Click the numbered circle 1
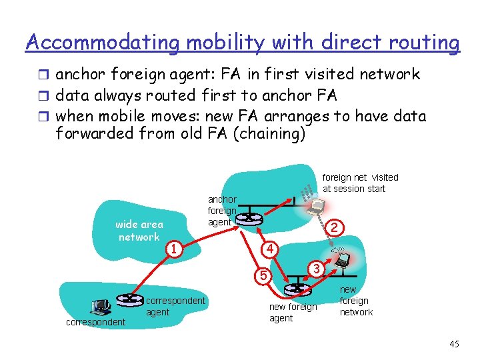point(173,249)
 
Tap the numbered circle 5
point(264,274)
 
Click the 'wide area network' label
point(139,231)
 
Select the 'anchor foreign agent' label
point(221,211)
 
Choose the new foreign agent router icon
point(294,290)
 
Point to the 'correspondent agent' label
point(175,306)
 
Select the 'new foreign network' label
point(356,301)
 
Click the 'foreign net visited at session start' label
point(360,183)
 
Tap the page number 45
point(455,344)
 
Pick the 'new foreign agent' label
point(293,313)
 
